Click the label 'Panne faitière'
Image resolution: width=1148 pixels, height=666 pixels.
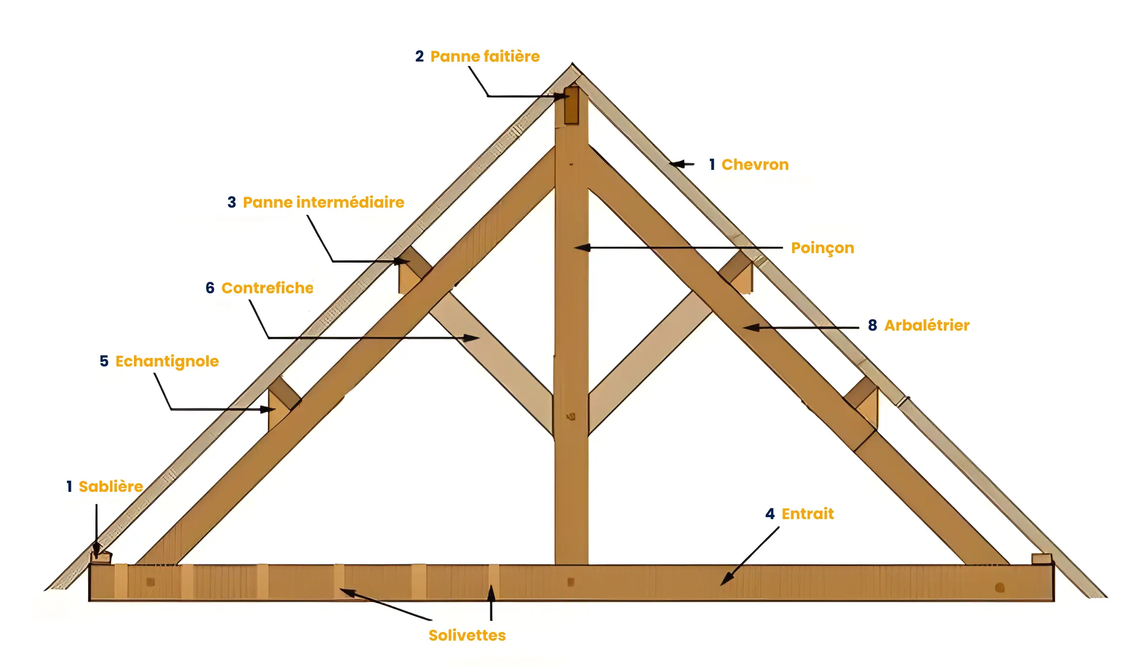pyautogui.click(x=485, y=56)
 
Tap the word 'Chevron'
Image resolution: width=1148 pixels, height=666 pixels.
pyautogui.click(x=755, y=165)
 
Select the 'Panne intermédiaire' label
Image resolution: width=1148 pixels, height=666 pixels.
pyautogui.click(x=323, y=202)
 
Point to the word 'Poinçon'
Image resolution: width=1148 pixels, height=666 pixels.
pyautogui.click(x=822, y=248)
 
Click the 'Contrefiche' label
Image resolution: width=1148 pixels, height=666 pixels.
pyautogui.click(x=267, y=288)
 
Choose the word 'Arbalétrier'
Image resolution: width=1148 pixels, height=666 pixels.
pyautogui.click(x=927, y=325)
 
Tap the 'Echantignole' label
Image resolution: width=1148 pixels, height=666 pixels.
pyautogui.click(x=167, y=361)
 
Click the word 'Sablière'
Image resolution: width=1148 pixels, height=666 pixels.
pyautogui.click(x=110, y=487)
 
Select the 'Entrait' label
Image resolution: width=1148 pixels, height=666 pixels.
pyautogui.click(x=807, y=514)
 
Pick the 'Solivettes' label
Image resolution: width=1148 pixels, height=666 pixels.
pyautogui.click(x=467, y=635)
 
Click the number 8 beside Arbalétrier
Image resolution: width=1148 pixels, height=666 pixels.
pyautogui.click(x=872, y=325)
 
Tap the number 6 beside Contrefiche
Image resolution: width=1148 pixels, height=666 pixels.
pyautogui.click(x=210, y=288)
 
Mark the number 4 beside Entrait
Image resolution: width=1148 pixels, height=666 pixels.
pyautogui.click(x=770, y=514)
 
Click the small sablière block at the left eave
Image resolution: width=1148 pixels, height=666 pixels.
pyautogui.click(x=101, y=557)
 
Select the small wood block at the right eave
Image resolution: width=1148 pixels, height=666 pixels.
pyautogui.click(x=1041, y=558)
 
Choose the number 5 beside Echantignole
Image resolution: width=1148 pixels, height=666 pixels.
pyautogui.click(x=104, y=361)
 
